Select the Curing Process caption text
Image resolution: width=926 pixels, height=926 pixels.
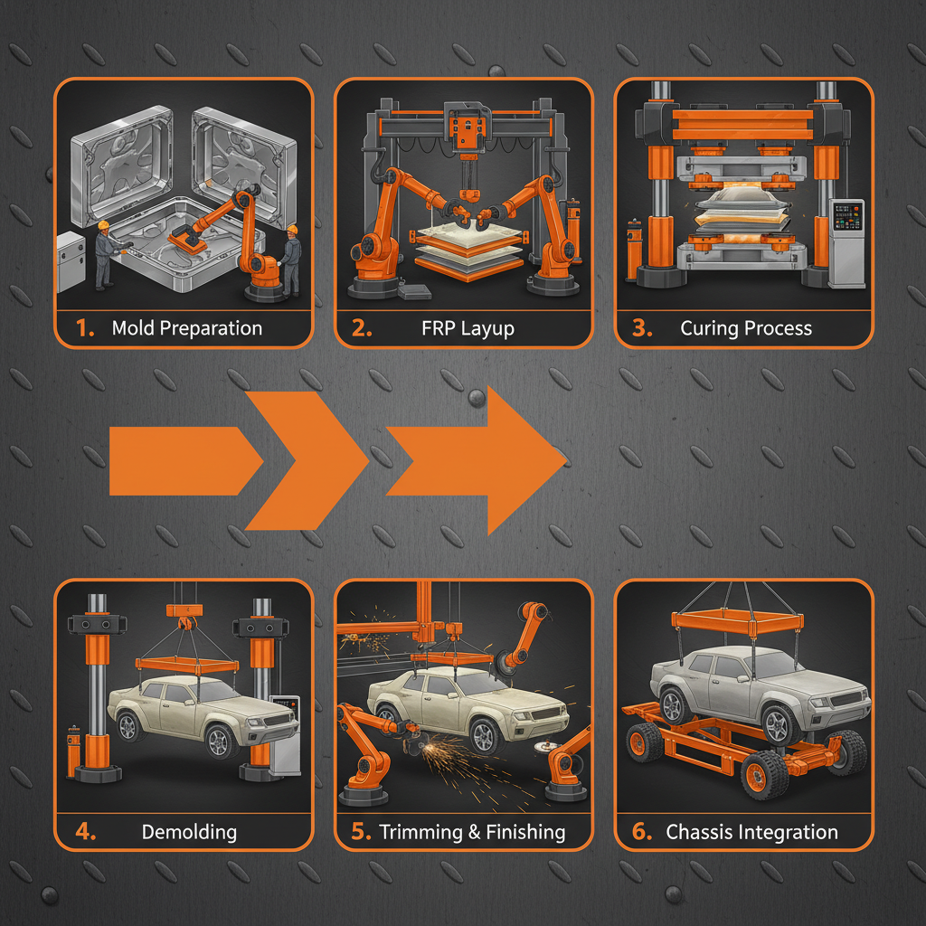point(746,328)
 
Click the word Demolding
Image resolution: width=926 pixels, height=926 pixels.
point(189,832)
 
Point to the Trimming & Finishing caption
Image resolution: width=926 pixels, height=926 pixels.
point(472,832)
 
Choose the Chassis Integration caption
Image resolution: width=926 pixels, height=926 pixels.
point(751,832)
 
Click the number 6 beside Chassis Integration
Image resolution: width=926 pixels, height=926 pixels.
point(641,832)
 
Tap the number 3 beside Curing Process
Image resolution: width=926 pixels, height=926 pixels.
point(641,328)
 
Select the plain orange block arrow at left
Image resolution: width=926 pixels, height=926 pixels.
point(181,461)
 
